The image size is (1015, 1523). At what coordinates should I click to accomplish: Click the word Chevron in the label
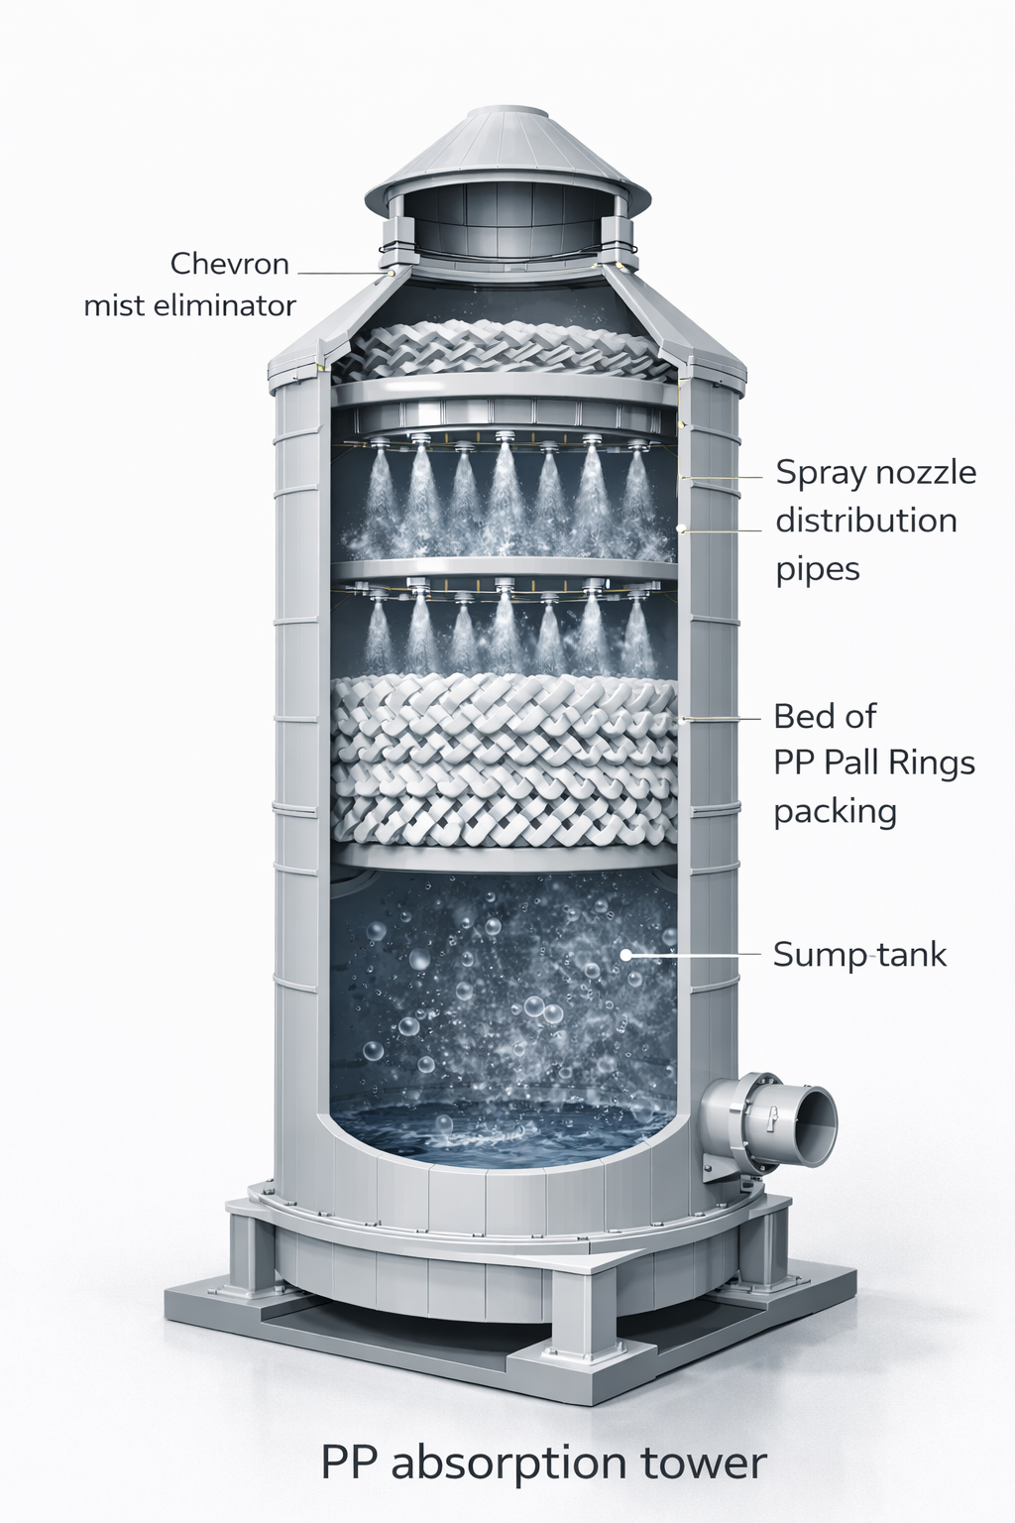click(229, 264)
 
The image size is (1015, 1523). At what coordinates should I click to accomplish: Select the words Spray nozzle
click(875, 473)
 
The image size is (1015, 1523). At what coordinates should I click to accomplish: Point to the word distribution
click(866, 521)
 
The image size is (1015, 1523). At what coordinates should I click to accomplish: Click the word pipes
click(818, 570)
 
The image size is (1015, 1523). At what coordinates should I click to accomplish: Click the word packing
click(836, 812)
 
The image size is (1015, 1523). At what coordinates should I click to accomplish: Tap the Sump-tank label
click(859, 955)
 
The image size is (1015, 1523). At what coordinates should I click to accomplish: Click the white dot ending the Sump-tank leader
click(626, 955)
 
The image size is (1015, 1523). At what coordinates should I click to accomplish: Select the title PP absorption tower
click(544, 1463)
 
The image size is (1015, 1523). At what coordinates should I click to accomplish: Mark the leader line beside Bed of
click(722, 718)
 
